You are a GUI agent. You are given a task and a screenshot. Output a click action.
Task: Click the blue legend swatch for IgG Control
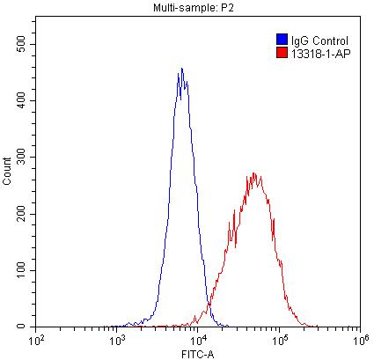coord(282,40)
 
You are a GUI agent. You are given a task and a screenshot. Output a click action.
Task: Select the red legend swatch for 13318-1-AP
coord(282,53)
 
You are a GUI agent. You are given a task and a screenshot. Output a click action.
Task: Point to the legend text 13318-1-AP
coord(315,53)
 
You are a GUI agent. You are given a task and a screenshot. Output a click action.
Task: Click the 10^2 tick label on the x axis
coord(37,338)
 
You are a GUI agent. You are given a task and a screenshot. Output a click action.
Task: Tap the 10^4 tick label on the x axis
coord(198,338)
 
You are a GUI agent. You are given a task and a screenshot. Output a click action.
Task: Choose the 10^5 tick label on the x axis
coord(279,338)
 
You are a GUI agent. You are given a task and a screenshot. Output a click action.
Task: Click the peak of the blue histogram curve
coord(181,69)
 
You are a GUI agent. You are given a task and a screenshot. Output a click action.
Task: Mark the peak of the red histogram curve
coord(254,173)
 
